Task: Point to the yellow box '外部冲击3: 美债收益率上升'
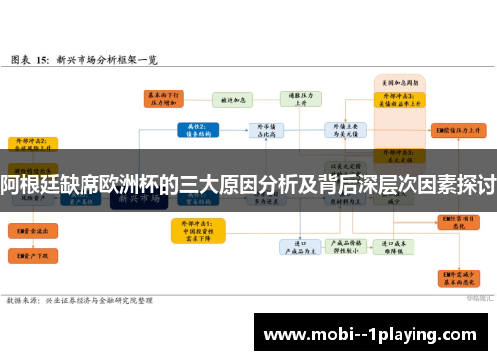pyautogui.click(x=392, y=99)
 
